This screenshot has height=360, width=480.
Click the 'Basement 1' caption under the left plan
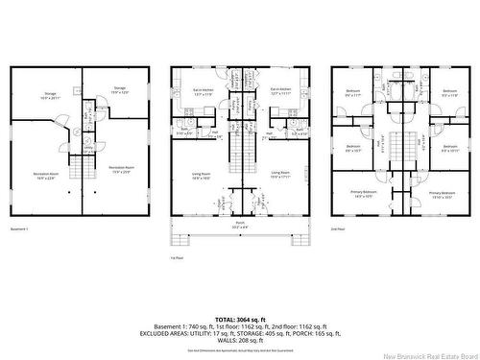(20, 229)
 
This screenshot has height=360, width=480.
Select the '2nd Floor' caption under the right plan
(338, 229)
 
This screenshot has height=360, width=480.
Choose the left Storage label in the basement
(49, 94)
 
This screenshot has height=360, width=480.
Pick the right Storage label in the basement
(120, 89)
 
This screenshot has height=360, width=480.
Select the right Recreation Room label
(120, 166)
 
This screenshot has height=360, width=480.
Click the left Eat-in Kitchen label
(204, 91)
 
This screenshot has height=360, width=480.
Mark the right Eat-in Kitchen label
(279, 91)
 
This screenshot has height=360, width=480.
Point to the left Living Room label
(200, 175)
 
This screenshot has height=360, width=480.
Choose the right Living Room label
(281, 175)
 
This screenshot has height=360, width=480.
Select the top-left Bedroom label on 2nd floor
(353, 92)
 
